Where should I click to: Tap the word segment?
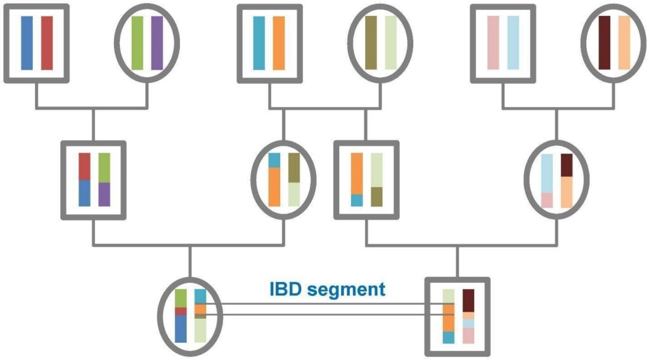(x=347, y=290)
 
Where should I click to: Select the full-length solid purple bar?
(x=157, y=43)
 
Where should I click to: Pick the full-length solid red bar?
(x=47, y=43)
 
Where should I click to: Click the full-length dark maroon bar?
(x=604, y=42)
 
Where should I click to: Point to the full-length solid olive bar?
(x=371, y=42)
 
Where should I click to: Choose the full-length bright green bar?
(x=138, y=43)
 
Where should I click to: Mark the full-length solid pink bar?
(x=493, y=42)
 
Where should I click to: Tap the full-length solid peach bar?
(x=624, y=42)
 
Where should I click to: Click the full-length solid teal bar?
(x=259, y=43)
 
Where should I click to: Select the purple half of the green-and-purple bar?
(x=105, y=195)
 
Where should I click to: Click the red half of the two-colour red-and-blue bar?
(x=84, y=166)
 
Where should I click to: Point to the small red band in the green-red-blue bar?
(x=181, y=311)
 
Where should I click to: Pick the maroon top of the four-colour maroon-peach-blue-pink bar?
(x=468, y=301)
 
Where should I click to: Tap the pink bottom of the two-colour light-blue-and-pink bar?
(x=547, y=200)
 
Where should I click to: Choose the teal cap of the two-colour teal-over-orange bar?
(x=274, y=160)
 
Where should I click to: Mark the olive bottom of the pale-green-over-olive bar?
(x=376, y=197)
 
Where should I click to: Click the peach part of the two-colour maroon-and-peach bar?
(x=567, y=193)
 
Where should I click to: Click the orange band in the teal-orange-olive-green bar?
(x=200, y=309)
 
